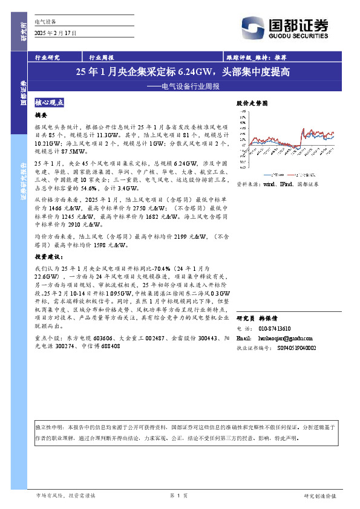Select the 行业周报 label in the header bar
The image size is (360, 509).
pyautogui.click(x=102, y=58)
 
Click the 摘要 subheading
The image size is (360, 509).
pyautogui.click(x=41, y=115)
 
